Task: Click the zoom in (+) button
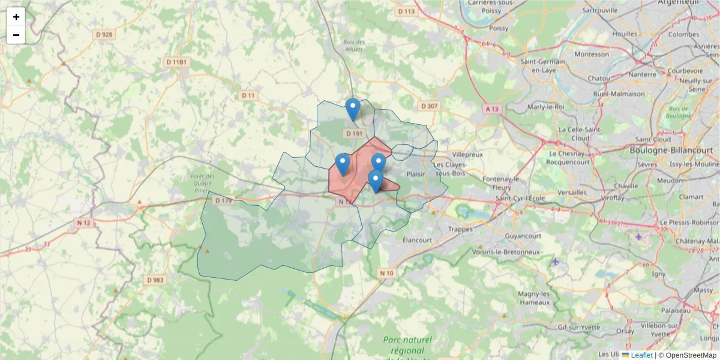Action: [16, 17]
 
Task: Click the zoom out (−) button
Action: [16, 35]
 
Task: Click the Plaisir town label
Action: [415, 174]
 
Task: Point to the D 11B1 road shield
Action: [177, 62]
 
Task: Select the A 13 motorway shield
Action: [493, 109]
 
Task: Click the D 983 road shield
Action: [155, 280]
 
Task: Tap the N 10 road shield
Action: [387, 274]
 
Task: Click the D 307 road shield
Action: [430, 106]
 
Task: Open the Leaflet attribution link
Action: [641, 355]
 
